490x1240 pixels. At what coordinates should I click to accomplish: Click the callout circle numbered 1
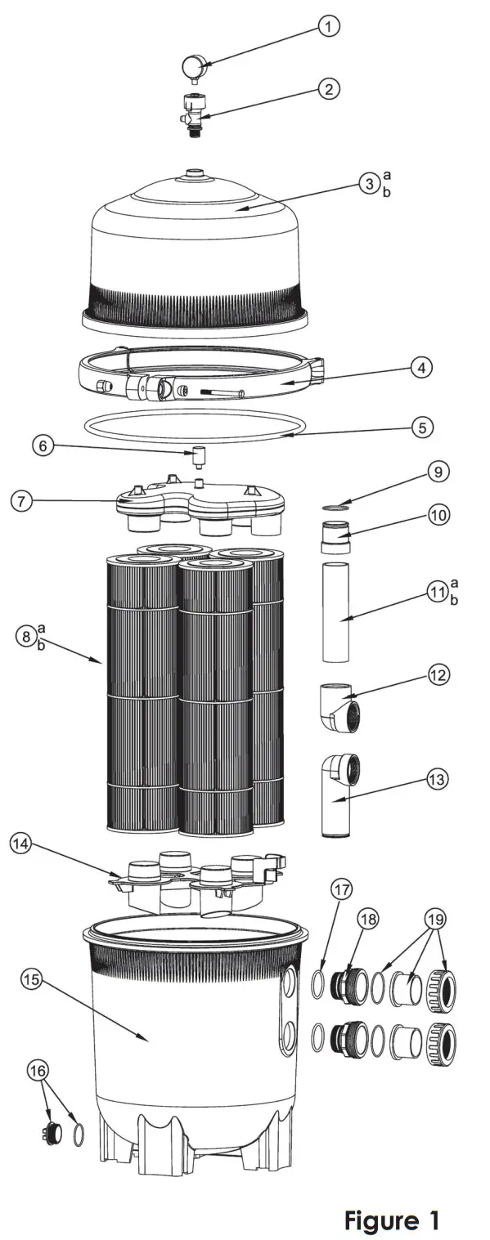329,27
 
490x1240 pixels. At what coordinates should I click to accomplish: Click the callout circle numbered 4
422,368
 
